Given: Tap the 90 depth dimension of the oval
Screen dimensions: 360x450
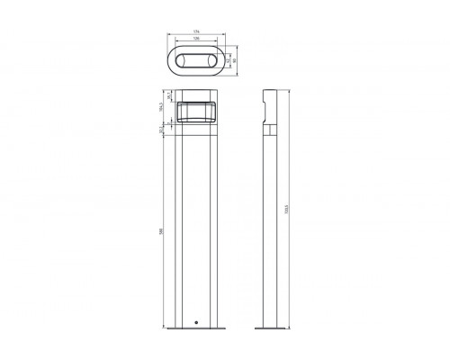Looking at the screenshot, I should click(237, 61).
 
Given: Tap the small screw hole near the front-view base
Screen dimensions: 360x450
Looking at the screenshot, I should click(197, 321).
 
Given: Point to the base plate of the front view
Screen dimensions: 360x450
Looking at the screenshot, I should click(198, 328).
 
